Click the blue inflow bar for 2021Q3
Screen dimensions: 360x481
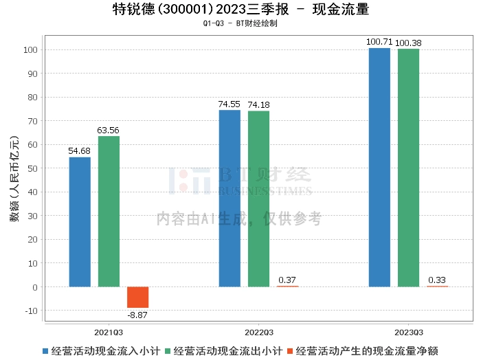click(80, 222)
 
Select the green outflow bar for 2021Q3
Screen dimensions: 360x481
click(109, 211)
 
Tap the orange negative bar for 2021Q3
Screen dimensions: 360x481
click(137, 297)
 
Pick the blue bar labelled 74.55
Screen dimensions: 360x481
click(230, 198)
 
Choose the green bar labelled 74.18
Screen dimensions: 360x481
click(258, 199)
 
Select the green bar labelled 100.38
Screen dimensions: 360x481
click(408, 168)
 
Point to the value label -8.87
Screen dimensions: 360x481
click(137, 315)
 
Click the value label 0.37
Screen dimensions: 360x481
click(287, 280)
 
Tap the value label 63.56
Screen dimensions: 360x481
click(109, 130)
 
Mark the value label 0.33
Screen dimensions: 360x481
click(437, 280)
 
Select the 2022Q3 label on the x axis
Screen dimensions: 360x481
click(258, 331)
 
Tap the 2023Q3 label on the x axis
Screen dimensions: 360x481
click(407, 331)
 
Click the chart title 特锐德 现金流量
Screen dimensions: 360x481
click(240, 10)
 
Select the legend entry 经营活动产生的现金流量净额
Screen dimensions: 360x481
click(367, 350)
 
